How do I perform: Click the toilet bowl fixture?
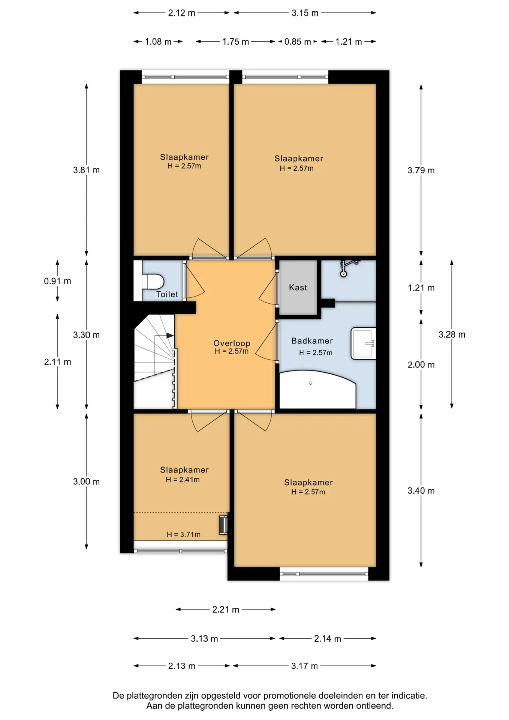[x=153, y=281]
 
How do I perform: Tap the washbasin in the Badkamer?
[x=363, y=343]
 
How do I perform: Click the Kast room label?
[x=298, y=288]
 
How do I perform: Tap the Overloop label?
[x=232, y=343]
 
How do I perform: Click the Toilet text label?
[x=167, y=294]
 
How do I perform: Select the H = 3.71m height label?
[x=184, y=534]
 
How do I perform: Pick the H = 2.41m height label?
[x=183, y=480]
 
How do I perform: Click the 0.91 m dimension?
[x=57, y=281]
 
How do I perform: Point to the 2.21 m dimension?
[x=226, y=609]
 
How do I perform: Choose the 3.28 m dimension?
[x=452, y=334]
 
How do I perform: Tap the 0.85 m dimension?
[x=298, y=42]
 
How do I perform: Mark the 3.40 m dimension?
[x=421, y=490]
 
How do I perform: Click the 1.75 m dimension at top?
[x=235, y=42]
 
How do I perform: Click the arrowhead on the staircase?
[x=170, y=335]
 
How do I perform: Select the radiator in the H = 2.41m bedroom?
[x=223, y=525]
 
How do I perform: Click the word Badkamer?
[x=312, y=341]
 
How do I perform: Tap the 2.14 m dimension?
[x=328, y=639]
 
